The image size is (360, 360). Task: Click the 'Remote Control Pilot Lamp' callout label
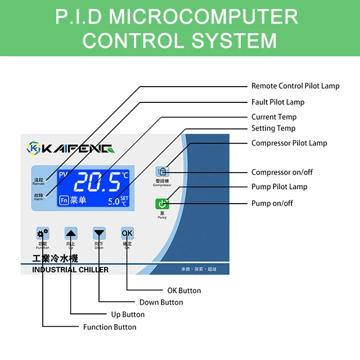(295, 86)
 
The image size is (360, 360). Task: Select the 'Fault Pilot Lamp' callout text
(277, 102)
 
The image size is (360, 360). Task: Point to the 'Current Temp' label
(273, 117)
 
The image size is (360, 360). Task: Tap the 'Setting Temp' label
(273, 128)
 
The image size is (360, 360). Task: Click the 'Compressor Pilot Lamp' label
(289, 143)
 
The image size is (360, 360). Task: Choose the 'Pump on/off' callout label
(272, 203)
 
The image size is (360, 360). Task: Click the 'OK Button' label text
(184, 291)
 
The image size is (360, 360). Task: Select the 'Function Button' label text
(110, 327)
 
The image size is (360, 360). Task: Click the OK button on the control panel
(127, 233)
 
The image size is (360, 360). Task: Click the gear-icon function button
(43, 233)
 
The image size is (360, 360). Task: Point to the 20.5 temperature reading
(97, 182)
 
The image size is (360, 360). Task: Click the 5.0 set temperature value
(114, 201)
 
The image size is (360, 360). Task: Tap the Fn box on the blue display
(64, 200)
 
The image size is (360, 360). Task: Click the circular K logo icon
(34, 148)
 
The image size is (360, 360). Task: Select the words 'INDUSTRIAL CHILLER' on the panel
(70, 269)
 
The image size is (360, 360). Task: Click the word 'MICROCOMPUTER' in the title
(204, 17)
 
